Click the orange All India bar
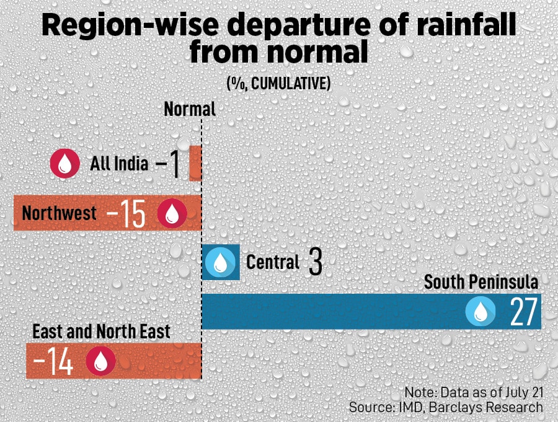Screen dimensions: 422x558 pos(195,164)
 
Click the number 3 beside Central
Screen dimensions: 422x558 pos(315,263)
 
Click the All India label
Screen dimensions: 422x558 pos(119,164)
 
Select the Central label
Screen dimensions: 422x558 pos(273,262)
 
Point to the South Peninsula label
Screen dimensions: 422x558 pos(480,283)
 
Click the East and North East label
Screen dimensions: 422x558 pos(101,332)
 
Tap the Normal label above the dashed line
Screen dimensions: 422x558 pos(190,110)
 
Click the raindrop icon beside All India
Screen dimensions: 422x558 pos(65,164)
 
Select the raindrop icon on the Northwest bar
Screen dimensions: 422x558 pos(172,214)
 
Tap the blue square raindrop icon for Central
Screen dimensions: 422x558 pos(221,262)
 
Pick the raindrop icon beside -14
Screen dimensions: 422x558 pos(101,361)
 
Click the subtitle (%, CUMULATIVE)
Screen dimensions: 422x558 pos(278,83)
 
